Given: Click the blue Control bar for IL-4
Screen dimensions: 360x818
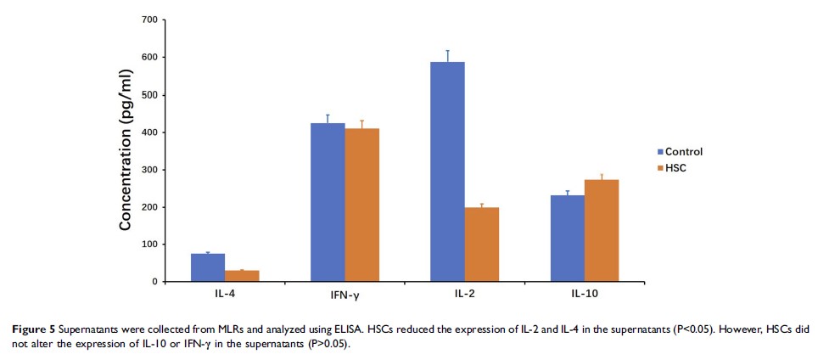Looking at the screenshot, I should coord(208,267).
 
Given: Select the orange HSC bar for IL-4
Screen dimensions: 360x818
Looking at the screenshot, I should coord(242,276).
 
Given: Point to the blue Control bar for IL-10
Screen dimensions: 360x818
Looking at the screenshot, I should coord(568,239).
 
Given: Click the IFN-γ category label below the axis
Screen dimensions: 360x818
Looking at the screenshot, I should coord(345,294).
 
